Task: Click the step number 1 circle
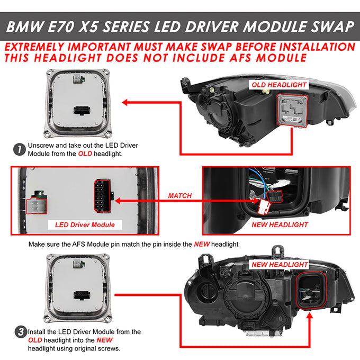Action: click(x=19, y=149)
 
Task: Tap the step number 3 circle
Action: click(x=21, y=332)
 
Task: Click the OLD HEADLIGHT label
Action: click(x=279, y=85)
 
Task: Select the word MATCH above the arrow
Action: click(x=180, y=196)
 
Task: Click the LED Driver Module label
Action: click(x=85, y=225)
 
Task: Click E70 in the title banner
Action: click(x=61, y=27)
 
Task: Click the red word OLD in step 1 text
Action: click(x=85, y=154)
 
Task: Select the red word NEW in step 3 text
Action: click(x=104, y=340)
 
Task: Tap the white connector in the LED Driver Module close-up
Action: click(x=37, y=206)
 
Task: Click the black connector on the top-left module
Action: click(x=82, y=111)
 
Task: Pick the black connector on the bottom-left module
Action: click(x=82, y=295)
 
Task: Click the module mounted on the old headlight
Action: click(x=292, y=111)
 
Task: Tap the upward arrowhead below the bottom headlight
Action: click(x=310, y=316)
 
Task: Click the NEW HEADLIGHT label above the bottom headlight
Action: click(x=280, y=265)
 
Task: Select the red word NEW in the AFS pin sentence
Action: click(x=202, y=244)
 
